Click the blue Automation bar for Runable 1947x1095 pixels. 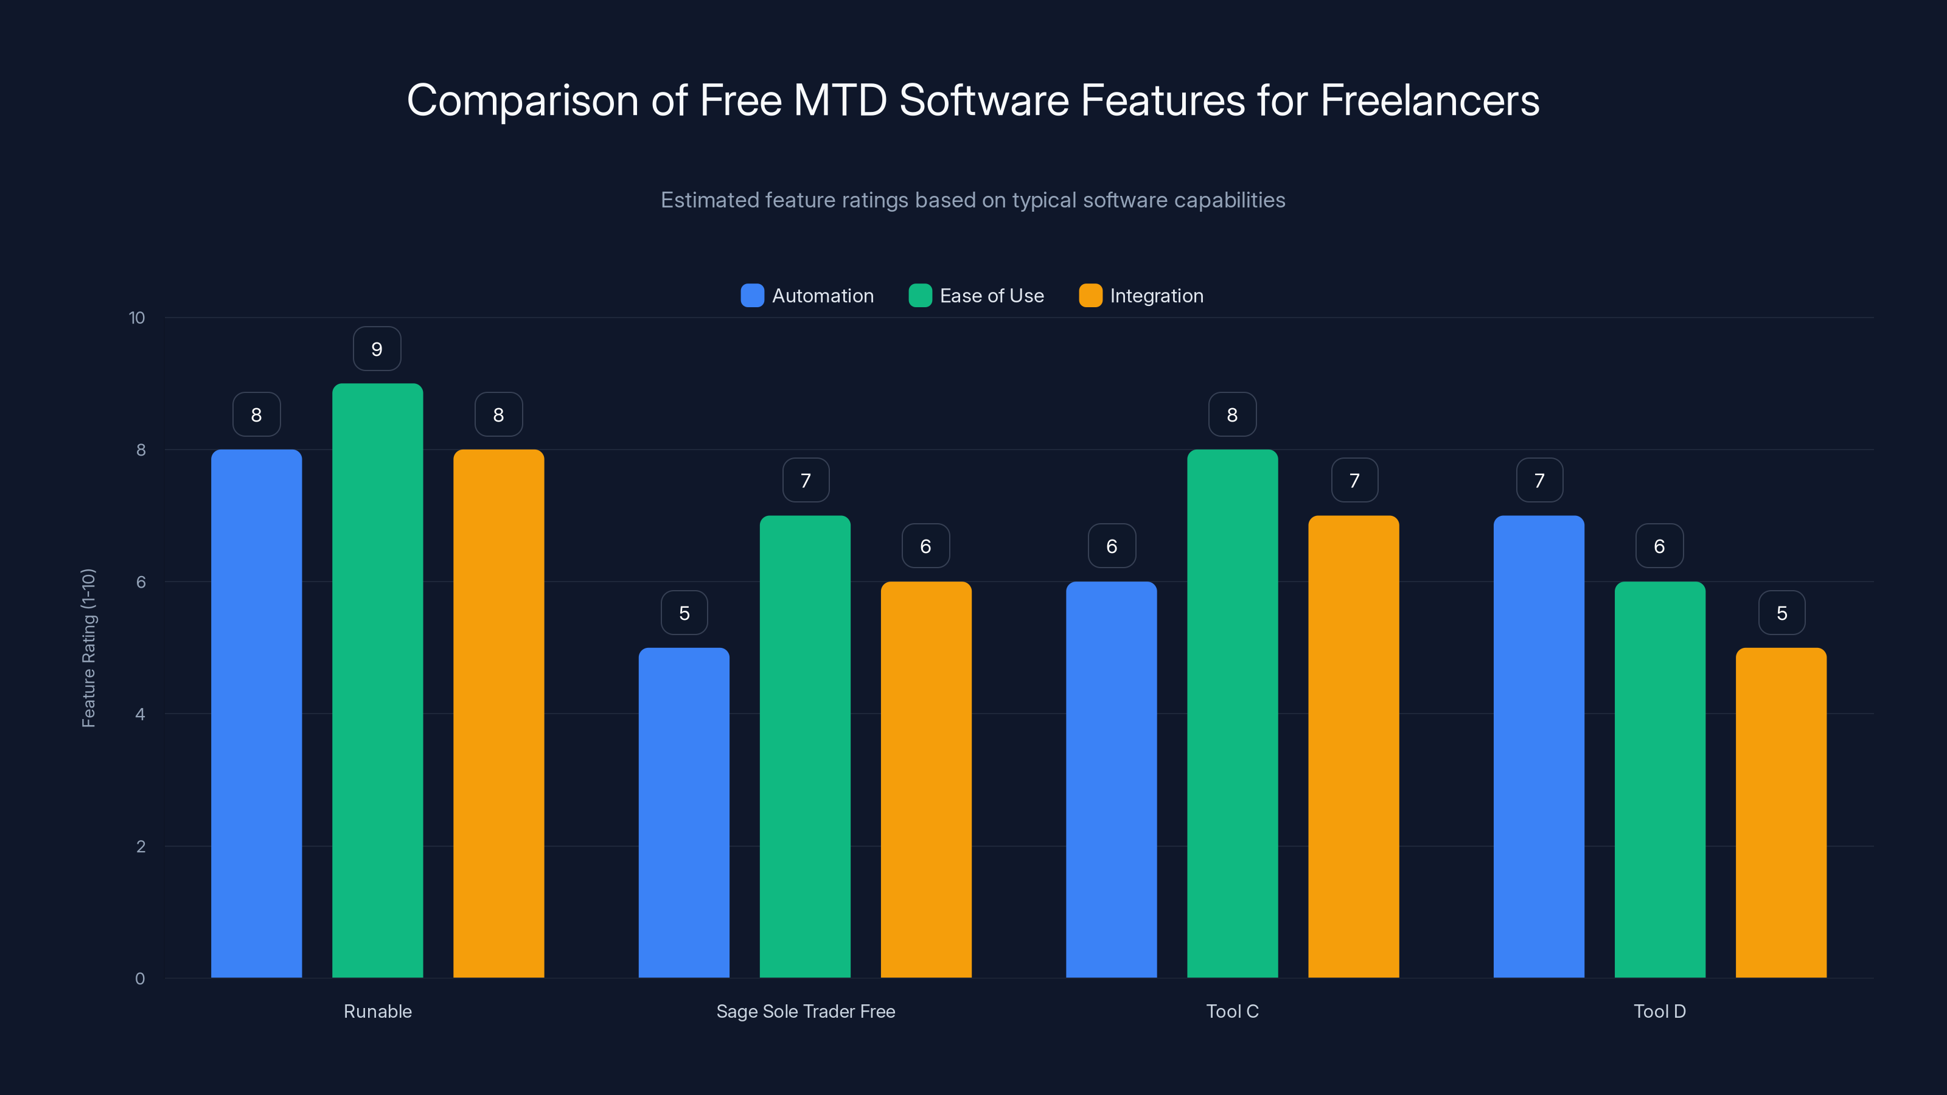(x=256, y=714)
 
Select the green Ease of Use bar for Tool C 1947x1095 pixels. (x=1232, y=714)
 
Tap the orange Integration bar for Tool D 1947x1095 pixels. (x=1781, y=812)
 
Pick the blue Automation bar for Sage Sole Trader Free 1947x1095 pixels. (x=683, y=812)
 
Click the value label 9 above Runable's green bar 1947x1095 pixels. (x=377, y=349)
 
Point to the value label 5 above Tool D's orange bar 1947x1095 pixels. (x=1782, y=613)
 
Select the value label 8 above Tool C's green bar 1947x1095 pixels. (x=1232, y=415)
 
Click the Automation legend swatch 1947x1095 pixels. (x=752, y=296)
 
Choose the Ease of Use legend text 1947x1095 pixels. (x=991, y=296)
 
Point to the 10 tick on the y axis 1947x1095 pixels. (x=137, y=318)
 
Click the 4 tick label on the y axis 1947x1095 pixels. (x=140, y=714)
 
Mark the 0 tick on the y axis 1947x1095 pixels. (x=140, y=979)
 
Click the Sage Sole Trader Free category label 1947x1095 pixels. (x=805, y=1011)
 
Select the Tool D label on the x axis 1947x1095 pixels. (x=1659, y=1011)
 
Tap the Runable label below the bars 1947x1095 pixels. (x=377, y=1011)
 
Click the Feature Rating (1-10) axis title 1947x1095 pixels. (x=88, y=648)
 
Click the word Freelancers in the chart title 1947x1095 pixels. (x=1429, y=100)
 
